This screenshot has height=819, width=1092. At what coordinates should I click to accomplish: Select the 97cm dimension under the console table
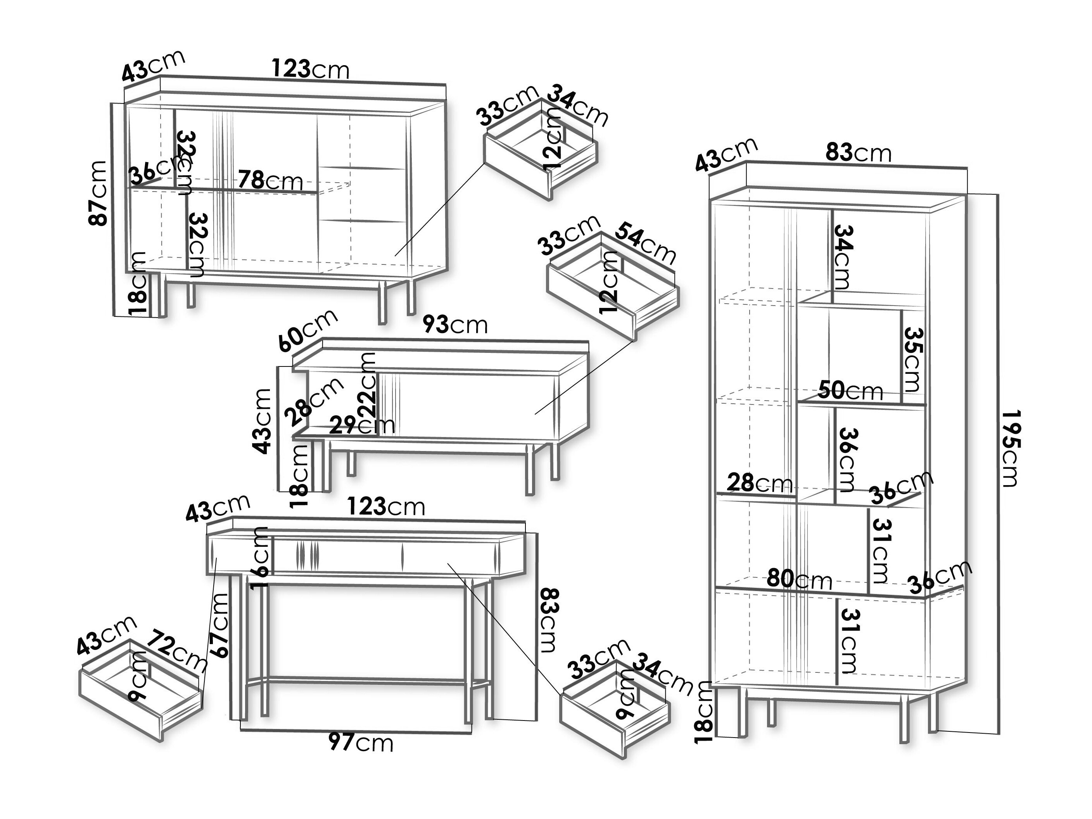[x=361, y=743]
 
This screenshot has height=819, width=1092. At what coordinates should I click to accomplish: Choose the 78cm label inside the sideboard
[x=270, y=180]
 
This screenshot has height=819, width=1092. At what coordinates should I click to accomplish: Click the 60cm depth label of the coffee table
[x=308, y=330]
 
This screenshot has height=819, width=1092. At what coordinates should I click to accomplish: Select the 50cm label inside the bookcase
[x=850, y=391]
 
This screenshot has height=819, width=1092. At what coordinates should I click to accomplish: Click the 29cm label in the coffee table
[x=362, y=425]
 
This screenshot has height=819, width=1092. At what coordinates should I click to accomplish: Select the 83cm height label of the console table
[x=548, y=620]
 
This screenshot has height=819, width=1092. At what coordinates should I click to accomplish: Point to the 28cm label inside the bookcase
[x=759, y=483]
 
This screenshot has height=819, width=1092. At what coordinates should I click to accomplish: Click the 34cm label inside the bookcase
[x=842, y=257]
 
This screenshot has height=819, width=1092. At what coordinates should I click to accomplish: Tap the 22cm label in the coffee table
[x=368, y=385]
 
